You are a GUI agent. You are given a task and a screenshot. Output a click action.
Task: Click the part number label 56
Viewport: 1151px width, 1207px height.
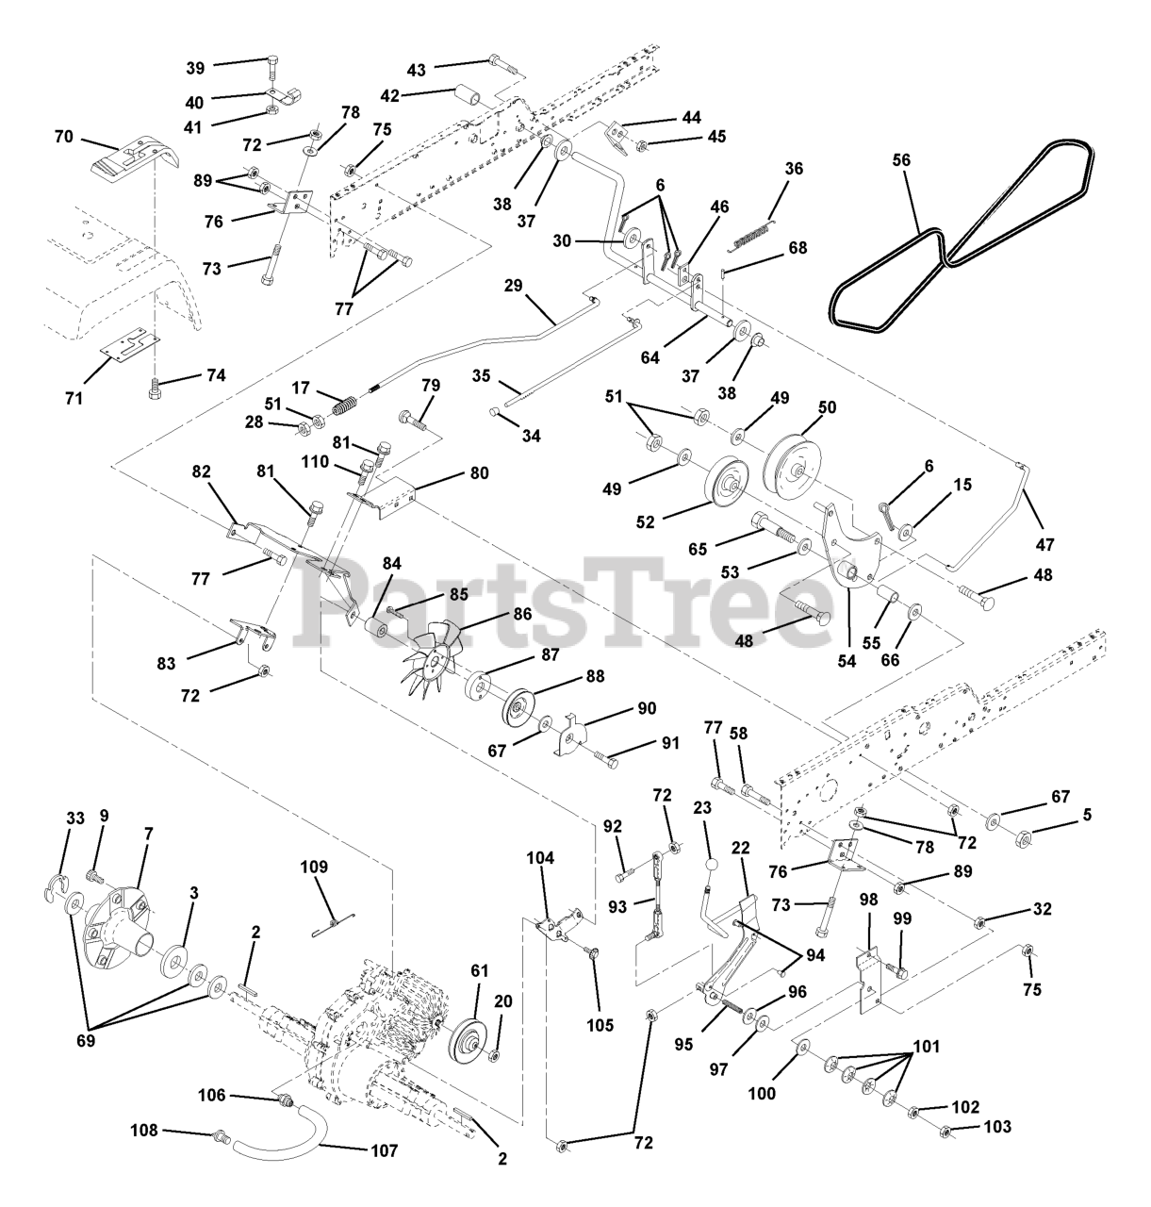901,159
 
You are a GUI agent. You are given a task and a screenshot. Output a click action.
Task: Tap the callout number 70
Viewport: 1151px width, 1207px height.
63,137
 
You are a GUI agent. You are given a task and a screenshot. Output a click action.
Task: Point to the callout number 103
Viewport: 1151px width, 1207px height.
997,1127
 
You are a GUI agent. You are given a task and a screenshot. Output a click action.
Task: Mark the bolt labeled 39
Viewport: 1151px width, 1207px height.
272,67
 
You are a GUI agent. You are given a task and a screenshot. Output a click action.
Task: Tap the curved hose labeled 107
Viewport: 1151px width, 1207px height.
283,1136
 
